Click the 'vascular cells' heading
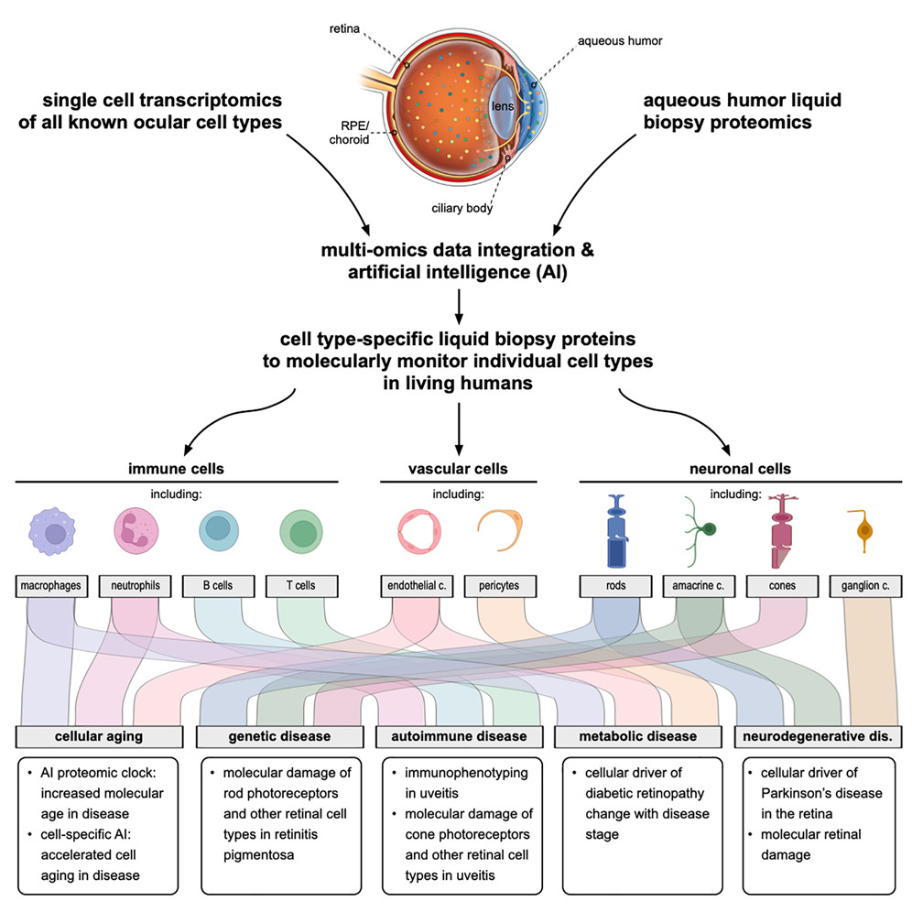[x=457, y=469]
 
